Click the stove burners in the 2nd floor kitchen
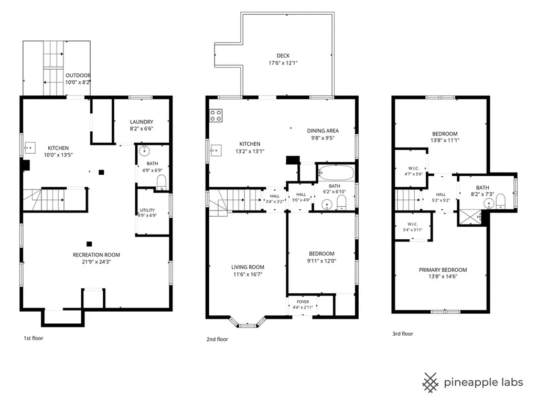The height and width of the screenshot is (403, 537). pos(216,115)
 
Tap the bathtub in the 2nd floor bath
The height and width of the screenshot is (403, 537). pos(336,173)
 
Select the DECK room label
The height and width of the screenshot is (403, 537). pos(283,56)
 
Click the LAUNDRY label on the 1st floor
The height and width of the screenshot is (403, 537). pos(142,122)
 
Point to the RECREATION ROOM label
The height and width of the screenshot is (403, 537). pos(96,254)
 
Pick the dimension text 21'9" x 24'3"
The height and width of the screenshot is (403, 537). pos(96,262)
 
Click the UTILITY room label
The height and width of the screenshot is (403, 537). pos(147,210)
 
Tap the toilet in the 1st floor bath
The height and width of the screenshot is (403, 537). pos(162,182)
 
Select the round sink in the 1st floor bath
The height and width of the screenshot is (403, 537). pos(144,151)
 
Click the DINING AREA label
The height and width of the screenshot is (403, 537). pos(323,131)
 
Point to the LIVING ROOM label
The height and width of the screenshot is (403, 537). pos(248,267)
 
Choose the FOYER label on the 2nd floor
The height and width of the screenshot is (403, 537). pos(303,302)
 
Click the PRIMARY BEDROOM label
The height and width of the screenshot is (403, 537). pos(443,270)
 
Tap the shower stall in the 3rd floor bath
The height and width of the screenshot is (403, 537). pos(470,217)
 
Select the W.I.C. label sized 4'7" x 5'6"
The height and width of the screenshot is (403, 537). pos(413,168)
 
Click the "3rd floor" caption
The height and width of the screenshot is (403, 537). pos(403,333)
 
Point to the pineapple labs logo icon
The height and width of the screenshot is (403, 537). pos(431,383)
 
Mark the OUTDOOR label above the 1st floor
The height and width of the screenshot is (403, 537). pos(78,76)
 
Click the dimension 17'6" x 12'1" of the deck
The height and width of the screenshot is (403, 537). pos(283,63)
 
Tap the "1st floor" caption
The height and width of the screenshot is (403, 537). pos(34,338)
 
